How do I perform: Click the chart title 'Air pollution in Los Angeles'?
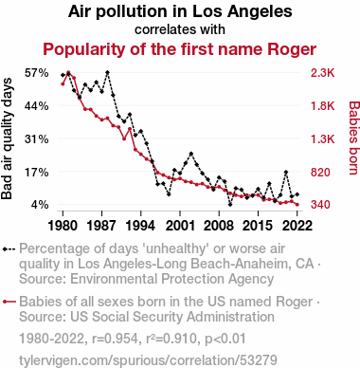click(180, 11)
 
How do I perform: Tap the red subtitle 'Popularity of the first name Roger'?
click(180, 49)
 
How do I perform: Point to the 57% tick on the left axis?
click(37, 73)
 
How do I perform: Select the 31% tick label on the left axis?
click(37, 138)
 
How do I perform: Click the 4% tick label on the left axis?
click(40, 205)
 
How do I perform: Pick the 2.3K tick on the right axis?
click(322, 73)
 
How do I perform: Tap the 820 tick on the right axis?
click(320, 172)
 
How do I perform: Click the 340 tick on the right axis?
click(320, 205)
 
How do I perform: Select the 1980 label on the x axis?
click(63, 226)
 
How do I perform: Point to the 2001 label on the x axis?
click(180, 226)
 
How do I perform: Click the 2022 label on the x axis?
click(297, 226)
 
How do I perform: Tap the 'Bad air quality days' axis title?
click(7, 138)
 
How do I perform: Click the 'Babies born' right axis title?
click(354, 138)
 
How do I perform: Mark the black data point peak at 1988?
click(107, 72)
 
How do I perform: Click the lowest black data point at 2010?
click(230, 205)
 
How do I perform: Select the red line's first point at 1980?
click(63, 83)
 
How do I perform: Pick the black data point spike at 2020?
click(286, 172)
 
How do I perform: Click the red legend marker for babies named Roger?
click(9, 302)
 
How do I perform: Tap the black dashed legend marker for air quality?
click(9, 249)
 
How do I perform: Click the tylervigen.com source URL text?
click(148, 360)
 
